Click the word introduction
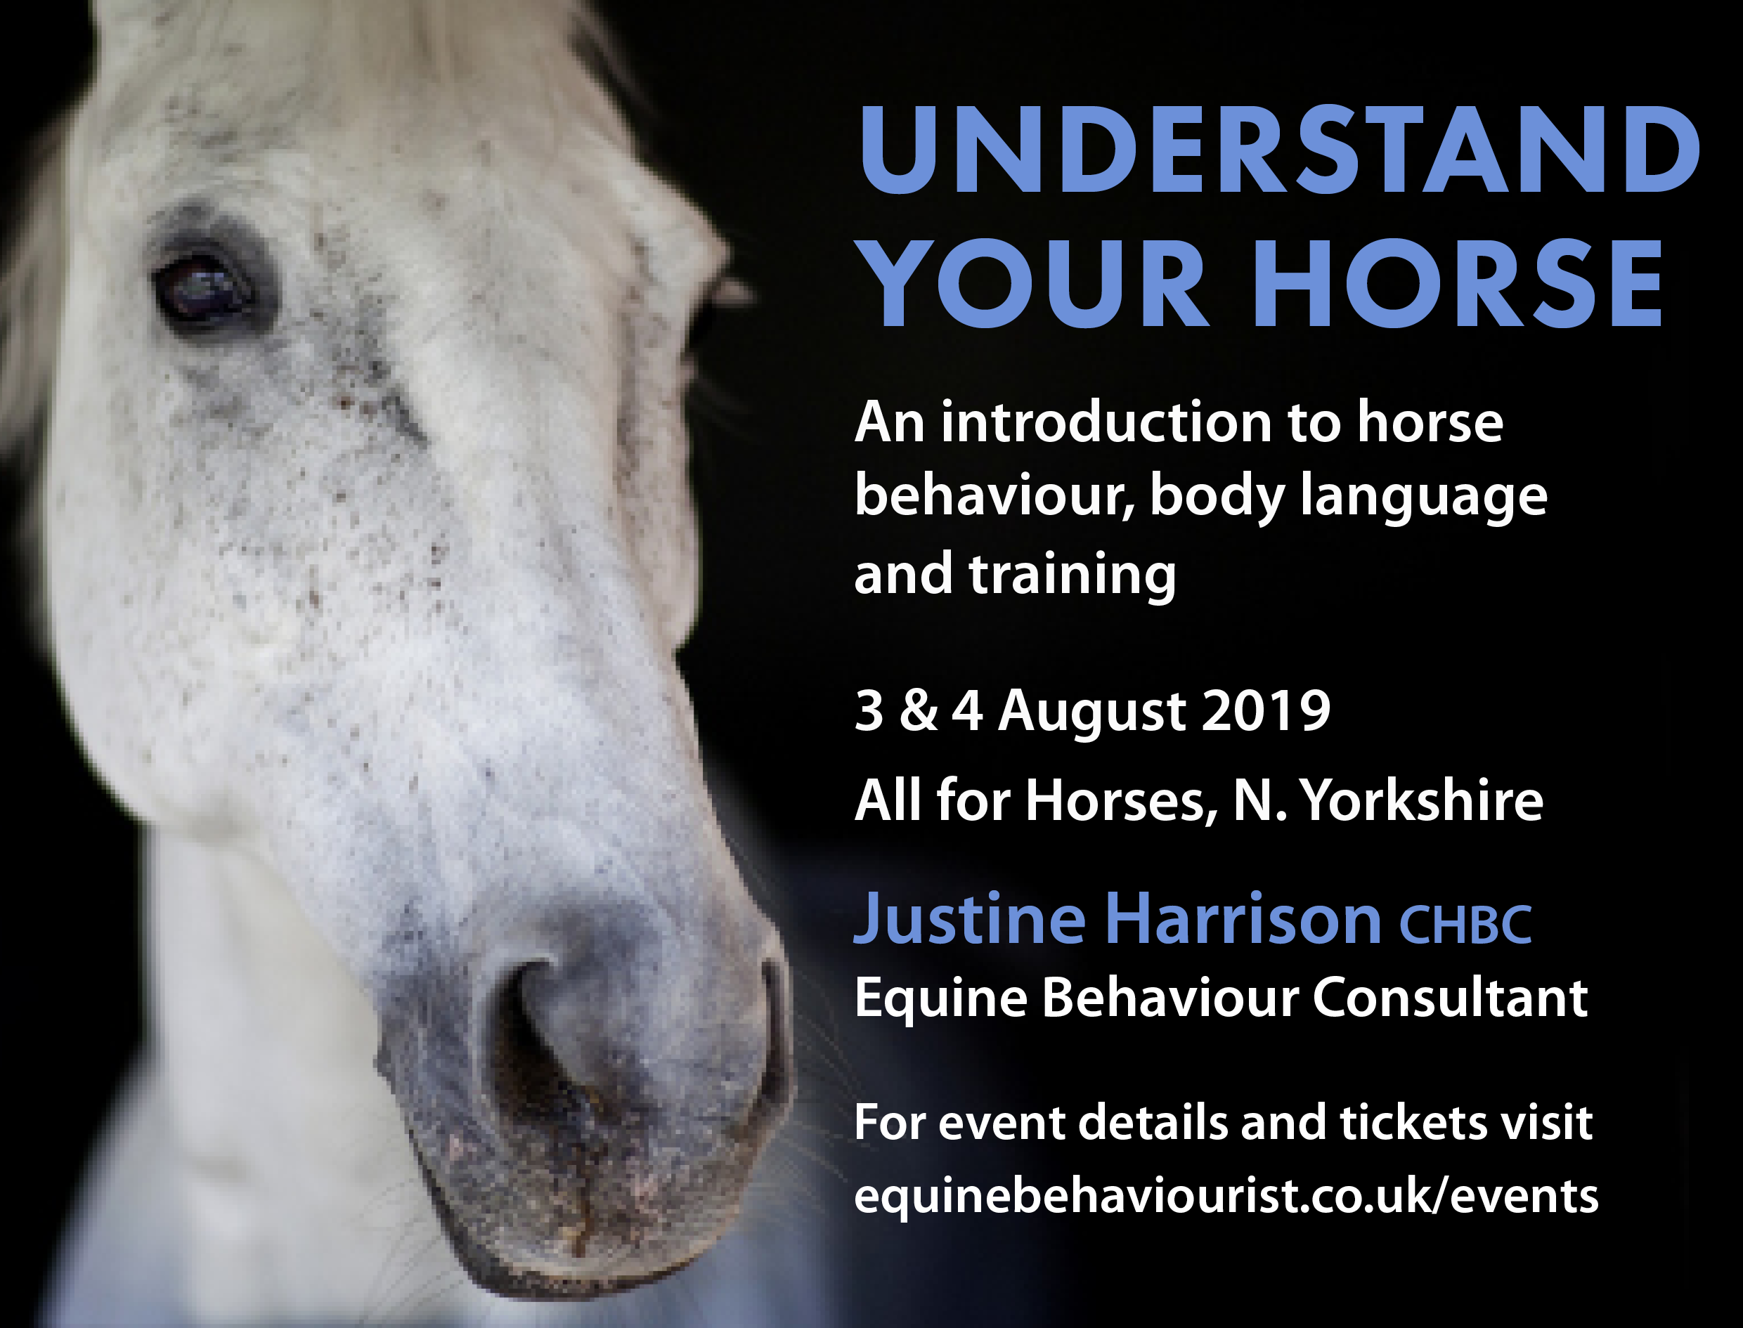coord(1107,423)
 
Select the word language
coord(1423,498)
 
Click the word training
coord(1072,575)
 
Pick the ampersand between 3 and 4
coord(918,710)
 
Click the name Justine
coord(969,918)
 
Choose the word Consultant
coord(1450,998)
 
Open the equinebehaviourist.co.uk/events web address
coord(1226,1196)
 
